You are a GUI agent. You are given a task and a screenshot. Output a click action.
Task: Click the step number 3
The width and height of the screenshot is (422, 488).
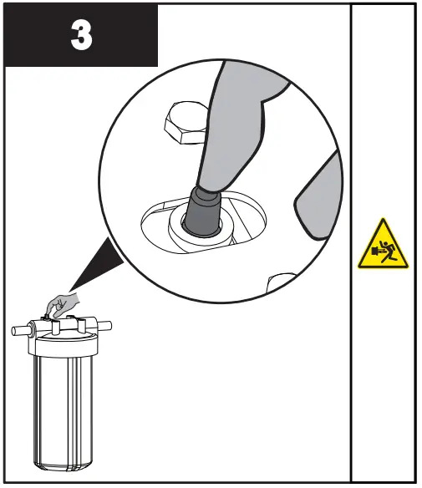pyautogui.click(x=81, y=37)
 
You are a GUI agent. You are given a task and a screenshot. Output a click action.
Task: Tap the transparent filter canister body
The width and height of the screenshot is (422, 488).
pyautogui.click(x=62, y=401)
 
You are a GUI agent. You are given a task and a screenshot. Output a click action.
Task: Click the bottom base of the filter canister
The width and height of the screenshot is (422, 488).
pyautogui.click(x=62, y=460)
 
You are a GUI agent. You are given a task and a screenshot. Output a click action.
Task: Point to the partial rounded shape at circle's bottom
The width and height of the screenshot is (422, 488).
pyautogui.click(x=284, y=282)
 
